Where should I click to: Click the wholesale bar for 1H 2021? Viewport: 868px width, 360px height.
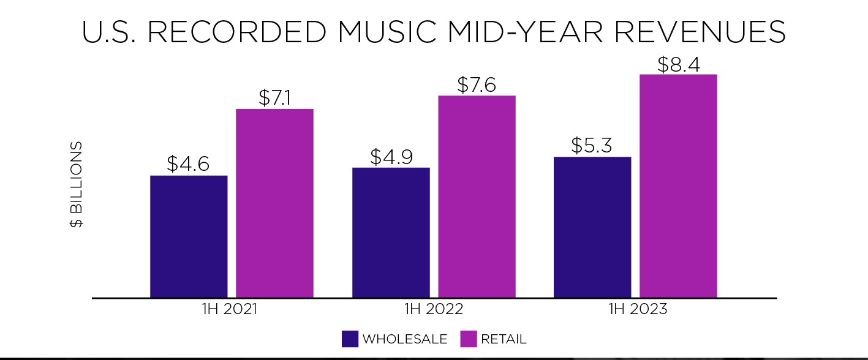[x=189, y=236]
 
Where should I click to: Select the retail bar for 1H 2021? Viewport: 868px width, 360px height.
[x=274, y=203]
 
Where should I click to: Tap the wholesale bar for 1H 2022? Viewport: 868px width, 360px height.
[x=391, y=233]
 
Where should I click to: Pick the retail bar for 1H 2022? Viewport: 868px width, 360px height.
[x=477, y=197]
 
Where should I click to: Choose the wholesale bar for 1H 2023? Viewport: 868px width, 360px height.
[x=592, y=227]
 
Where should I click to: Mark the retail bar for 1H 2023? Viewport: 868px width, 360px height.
[x=678, y=186]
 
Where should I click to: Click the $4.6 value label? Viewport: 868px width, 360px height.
[x=188, y=164]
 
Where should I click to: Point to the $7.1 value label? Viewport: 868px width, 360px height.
[x=274, y=97]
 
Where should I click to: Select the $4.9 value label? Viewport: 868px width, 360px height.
[x=391, y=156]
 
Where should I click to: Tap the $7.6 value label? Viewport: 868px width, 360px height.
[x=477, y=84]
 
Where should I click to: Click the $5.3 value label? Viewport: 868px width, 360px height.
[x=592, y=145]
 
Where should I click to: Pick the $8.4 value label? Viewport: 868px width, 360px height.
[x=678, y=64]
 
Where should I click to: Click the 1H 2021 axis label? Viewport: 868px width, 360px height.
[x=230, y=309]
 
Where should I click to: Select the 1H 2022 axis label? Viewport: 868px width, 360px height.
[x=434, y=309]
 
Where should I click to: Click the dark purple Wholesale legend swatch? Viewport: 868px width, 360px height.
[x=350, y=339]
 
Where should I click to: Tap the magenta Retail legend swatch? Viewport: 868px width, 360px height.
[x=468, y=339]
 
